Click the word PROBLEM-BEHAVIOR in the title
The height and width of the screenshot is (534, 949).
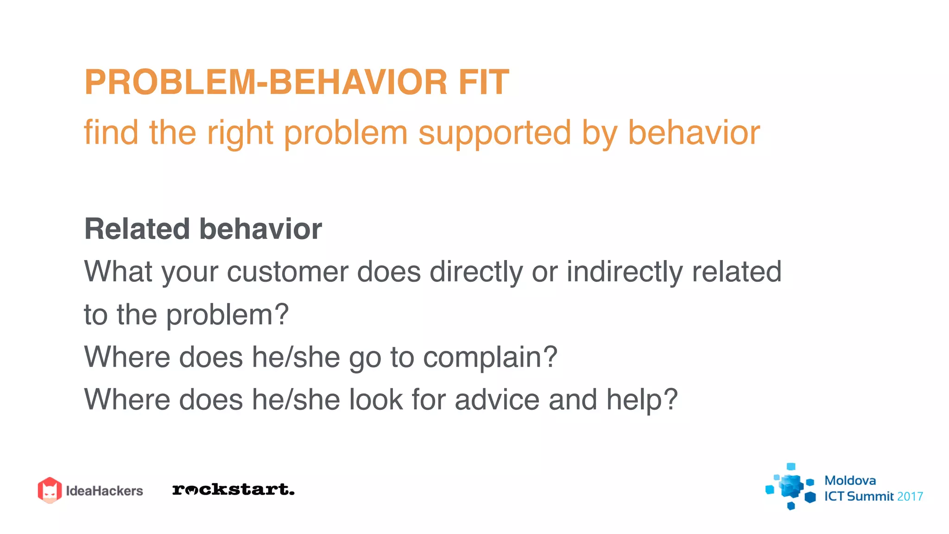(x=266, y=83)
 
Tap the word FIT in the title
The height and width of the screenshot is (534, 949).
(x=484, y=83)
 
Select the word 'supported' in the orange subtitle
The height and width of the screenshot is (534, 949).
(x=494, y=133)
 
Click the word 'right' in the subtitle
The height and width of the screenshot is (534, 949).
(x=240, y=133)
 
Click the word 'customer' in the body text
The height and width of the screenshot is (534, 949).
(x=287, y=272)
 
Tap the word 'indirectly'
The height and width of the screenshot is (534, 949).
(x=625, y=272)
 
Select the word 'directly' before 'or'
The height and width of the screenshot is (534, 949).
(x=476, y=272)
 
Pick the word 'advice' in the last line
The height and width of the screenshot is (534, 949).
(x=497, y=400)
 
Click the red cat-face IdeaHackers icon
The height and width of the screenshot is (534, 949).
(x=50, y=490)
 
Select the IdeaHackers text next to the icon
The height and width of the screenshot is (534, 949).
(x=104, y=491)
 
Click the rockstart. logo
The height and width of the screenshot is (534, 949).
(x=233, y=489)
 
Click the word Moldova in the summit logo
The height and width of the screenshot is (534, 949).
(x=850, y=480)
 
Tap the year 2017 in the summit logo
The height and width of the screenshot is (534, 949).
(x=910, y=496)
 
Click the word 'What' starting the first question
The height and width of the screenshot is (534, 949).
(x=118, y=272)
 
